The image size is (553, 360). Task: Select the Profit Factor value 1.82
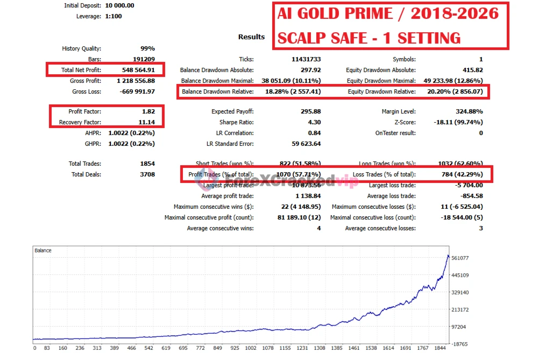(x=148, y=111)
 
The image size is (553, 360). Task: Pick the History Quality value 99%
(x=147, y=48)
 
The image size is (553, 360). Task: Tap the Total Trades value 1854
(x=147, y=164)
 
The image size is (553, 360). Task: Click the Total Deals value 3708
(x=147, y=174)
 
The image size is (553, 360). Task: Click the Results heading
(x=251, y=37)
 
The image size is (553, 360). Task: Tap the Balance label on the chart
(x=43, y=250)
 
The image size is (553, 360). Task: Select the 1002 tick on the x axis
(x=250, y=348)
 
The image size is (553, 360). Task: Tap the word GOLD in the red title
(x=325, y=13)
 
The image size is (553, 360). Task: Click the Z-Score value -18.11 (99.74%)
(x=458, y=122)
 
